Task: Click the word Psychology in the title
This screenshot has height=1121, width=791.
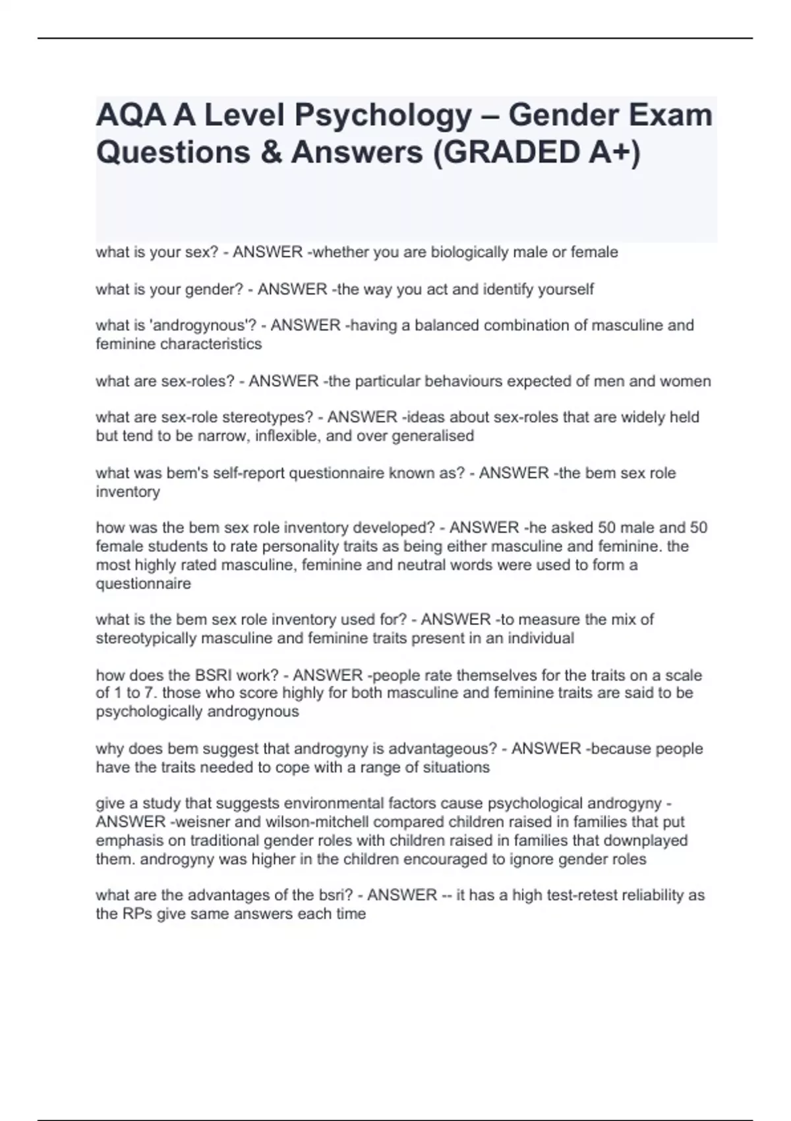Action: (383, 116)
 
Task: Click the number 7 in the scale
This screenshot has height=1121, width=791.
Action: (150, 693)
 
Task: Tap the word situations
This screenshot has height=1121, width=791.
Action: (455, 768)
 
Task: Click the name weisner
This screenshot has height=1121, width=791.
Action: (201, 822)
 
